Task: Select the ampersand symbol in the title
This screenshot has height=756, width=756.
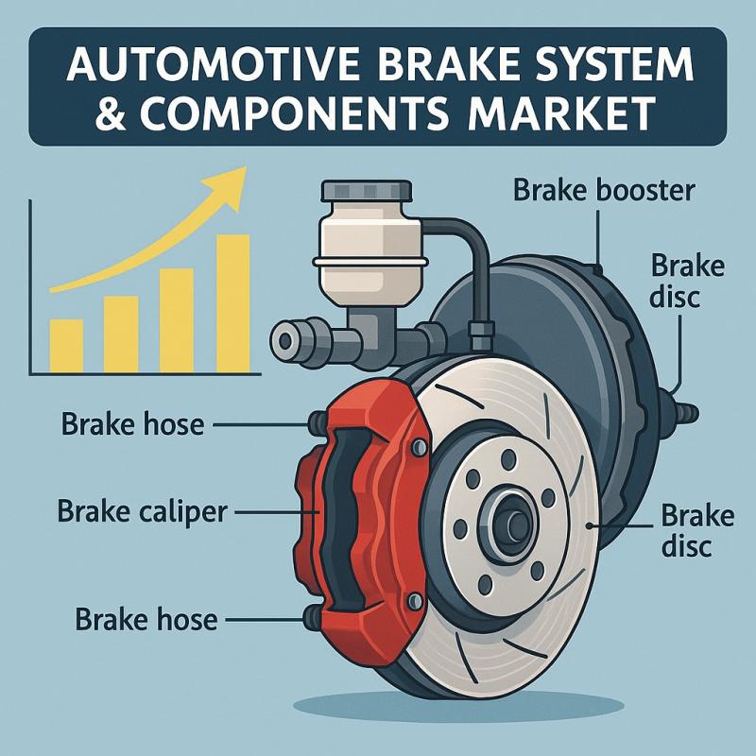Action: pos(111,113)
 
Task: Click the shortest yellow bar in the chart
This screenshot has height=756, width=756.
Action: pos(66,346)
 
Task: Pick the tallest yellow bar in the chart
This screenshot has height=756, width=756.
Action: pos(232,303)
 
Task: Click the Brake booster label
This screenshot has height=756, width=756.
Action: pos(604,190)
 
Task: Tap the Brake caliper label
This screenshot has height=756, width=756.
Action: pos(143,512)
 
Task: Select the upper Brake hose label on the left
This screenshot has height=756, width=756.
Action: pos(132,424)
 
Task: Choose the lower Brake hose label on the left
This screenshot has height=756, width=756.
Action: pos(146,619)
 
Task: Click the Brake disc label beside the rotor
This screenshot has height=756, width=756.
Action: pos(697,531)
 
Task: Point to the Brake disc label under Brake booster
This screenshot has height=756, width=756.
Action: pos(687,282)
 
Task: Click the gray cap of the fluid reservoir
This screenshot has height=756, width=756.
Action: pos(367,191)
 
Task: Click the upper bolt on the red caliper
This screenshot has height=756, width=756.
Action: pos(419,447)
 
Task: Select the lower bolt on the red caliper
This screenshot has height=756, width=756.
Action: pos(415,601)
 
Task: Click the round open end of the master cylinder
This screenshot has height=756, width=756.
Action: pos(285,341)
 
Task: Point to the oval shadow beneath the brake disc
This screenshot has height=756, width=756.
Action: pos(458,706)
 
